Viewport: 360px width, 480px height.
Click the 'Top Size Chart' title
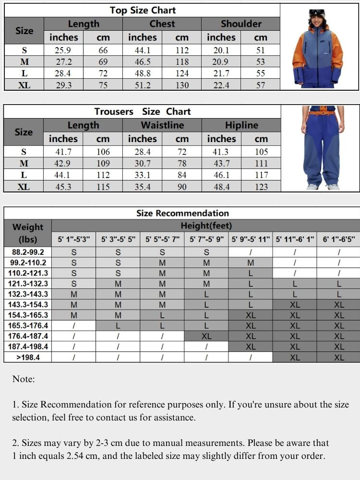[x=143, y=10]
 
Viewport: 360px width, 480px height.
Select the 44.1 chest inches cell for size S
[x=142, y=50]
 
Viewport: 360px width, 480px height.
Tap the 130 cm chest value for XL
[x=181, y=85]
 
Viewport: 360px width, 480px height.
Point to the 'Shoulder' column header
[x=241, y=24]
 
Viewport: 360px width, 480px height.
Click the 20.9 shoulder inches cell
[x=221, y=61]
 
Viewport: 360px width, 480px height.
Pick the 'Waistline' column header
[x=162, y=125]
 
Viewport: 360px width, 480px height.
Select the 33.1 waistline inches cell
[x=142, y=175]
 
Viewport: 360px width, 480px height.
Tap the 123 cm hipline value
[x=261, y=187]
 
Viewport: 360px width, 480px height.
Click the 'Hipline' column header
[x=241, y=125]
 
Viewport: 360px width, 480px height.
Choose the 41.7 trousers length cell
[x=63, y=152]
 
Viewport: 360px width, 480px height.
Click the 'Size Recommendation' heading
[x=182, y=213]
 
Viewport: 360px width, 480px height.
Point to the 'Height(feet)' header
[x=206, y=226]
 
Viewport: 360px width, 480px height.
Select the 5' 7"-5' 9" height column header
[x=206, y=239]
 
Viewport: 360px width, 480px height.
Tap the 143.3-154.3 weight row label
[x=27, y=304]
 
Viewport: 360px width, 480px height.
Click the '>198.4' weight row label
[x=27, y=357]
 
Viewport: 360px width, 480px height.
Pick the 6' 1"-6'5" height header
[x=339, y=239]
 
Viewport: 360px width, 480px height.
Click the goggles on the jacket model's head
[x=317, y=12]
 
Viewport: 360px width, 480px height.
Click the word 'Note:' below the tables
[x=24, y=379]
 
